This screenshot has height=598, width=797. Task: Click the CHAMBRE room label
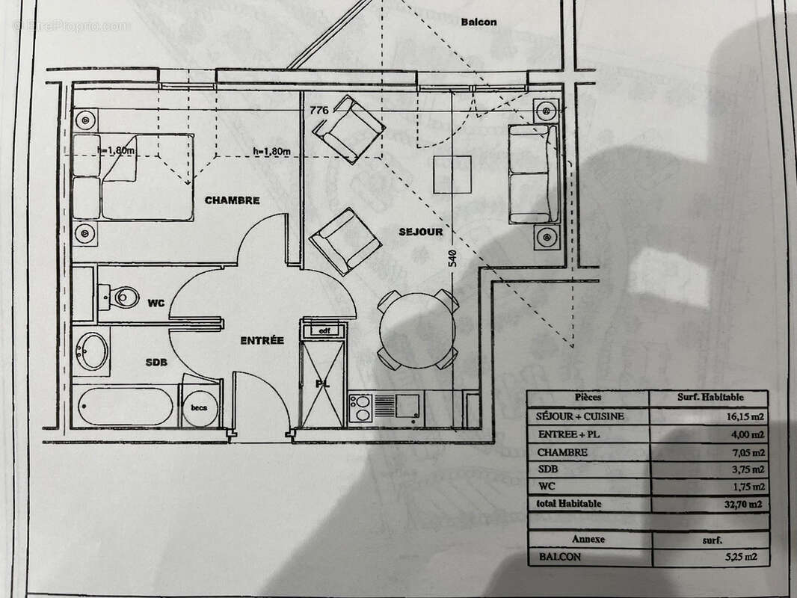coord(232,200)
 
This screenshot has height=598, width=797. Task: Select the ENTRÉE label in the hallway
coord(262,340)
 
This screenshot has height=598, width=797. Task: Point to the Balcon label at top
coord(478,22)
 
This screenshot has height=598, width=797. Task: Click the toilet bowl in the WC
coord(123,297)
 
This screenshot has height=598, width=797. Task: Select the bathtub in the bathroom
coord(125,406)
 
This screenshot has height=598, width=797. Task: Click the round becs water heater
coord(200,407)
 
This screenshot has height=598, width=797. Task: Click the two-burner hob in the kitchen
coord(361,407)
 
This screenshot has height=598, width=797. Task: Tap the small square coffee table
coord(453,173)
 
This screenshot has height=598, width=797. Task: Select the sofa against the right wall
coord(532,173)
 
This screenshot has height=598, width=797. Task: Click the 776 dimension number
coord(319,110)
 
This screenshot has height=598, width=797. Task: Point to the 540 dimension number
coord(452,259)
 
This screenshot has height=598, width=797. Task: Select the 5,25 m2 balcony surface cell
coord(748,557)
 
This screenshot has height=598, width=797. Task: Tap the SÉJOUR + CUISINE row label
coord(580,416)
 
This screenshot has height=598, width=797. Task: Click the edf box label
coord(324,330)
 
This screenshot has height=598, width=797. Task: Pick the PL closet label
coord(321,383)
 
